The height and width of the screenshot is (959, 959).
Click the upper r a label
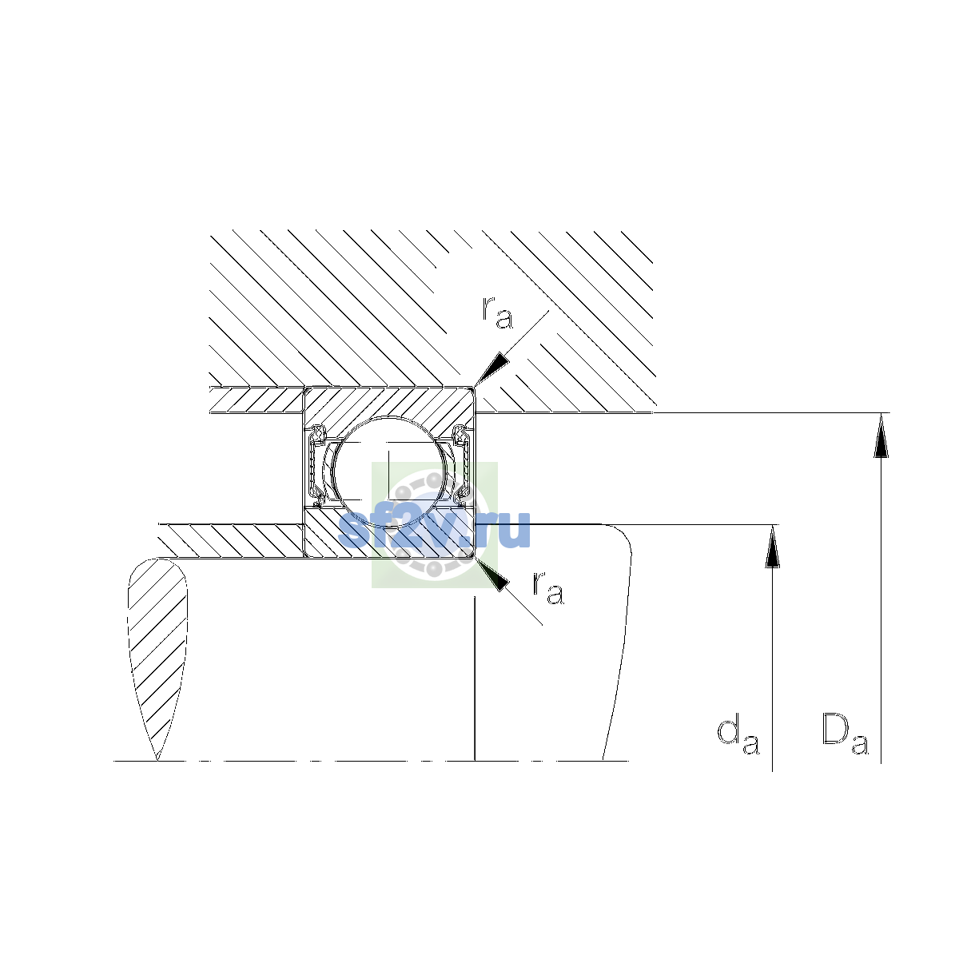click(497, 313)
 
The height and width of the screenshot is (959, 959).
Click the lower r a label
click(548, 588)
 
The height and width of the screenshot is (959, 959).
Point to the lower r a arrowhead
click(493, 575)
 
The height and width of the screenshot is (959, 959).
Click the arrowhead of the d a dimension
click(772, 547)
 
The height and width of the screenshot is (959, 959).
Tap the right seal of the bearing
click(463, 466)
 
